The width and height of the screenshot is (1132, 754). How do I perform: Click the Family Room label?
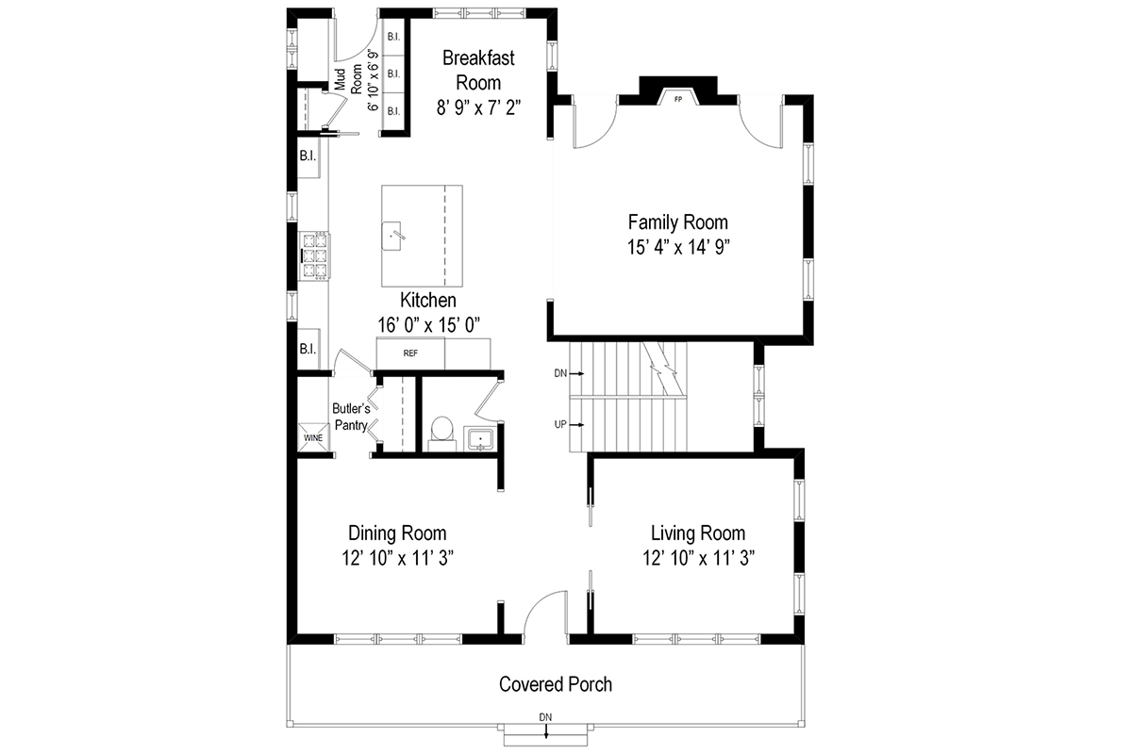677,222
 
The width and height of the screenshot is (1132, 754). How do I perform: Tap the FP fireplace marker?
677,98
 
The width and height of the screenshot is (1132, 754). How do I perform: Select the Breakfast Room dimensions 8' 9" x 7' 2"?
478,107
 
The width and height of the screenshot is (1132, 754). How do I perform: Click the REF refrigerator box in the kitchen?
410,353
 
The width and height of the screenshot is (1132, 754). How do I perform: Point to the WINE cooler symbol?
312,438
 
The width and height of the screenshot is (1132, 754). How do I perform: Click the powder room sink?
479,439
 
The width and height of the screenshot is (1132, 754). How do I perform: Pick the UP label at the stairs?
560,424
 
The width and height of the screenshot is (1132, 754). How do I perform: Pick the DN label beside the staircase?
560,374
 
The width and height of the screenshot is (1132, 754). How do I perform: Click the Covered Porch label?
555,684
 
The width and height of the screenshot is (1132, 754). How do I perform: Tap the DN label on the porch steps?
545,717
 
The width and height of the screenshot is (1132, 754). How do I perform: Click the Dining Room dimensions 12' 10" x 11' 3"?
397,557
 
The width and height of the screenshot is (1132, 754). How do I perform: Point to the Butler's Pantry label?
350,417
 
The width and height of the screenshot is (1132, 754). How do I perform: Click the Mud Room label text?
347,80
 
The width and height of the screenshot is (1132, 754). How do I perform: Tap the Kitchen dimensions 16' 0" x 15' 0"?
428,324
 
